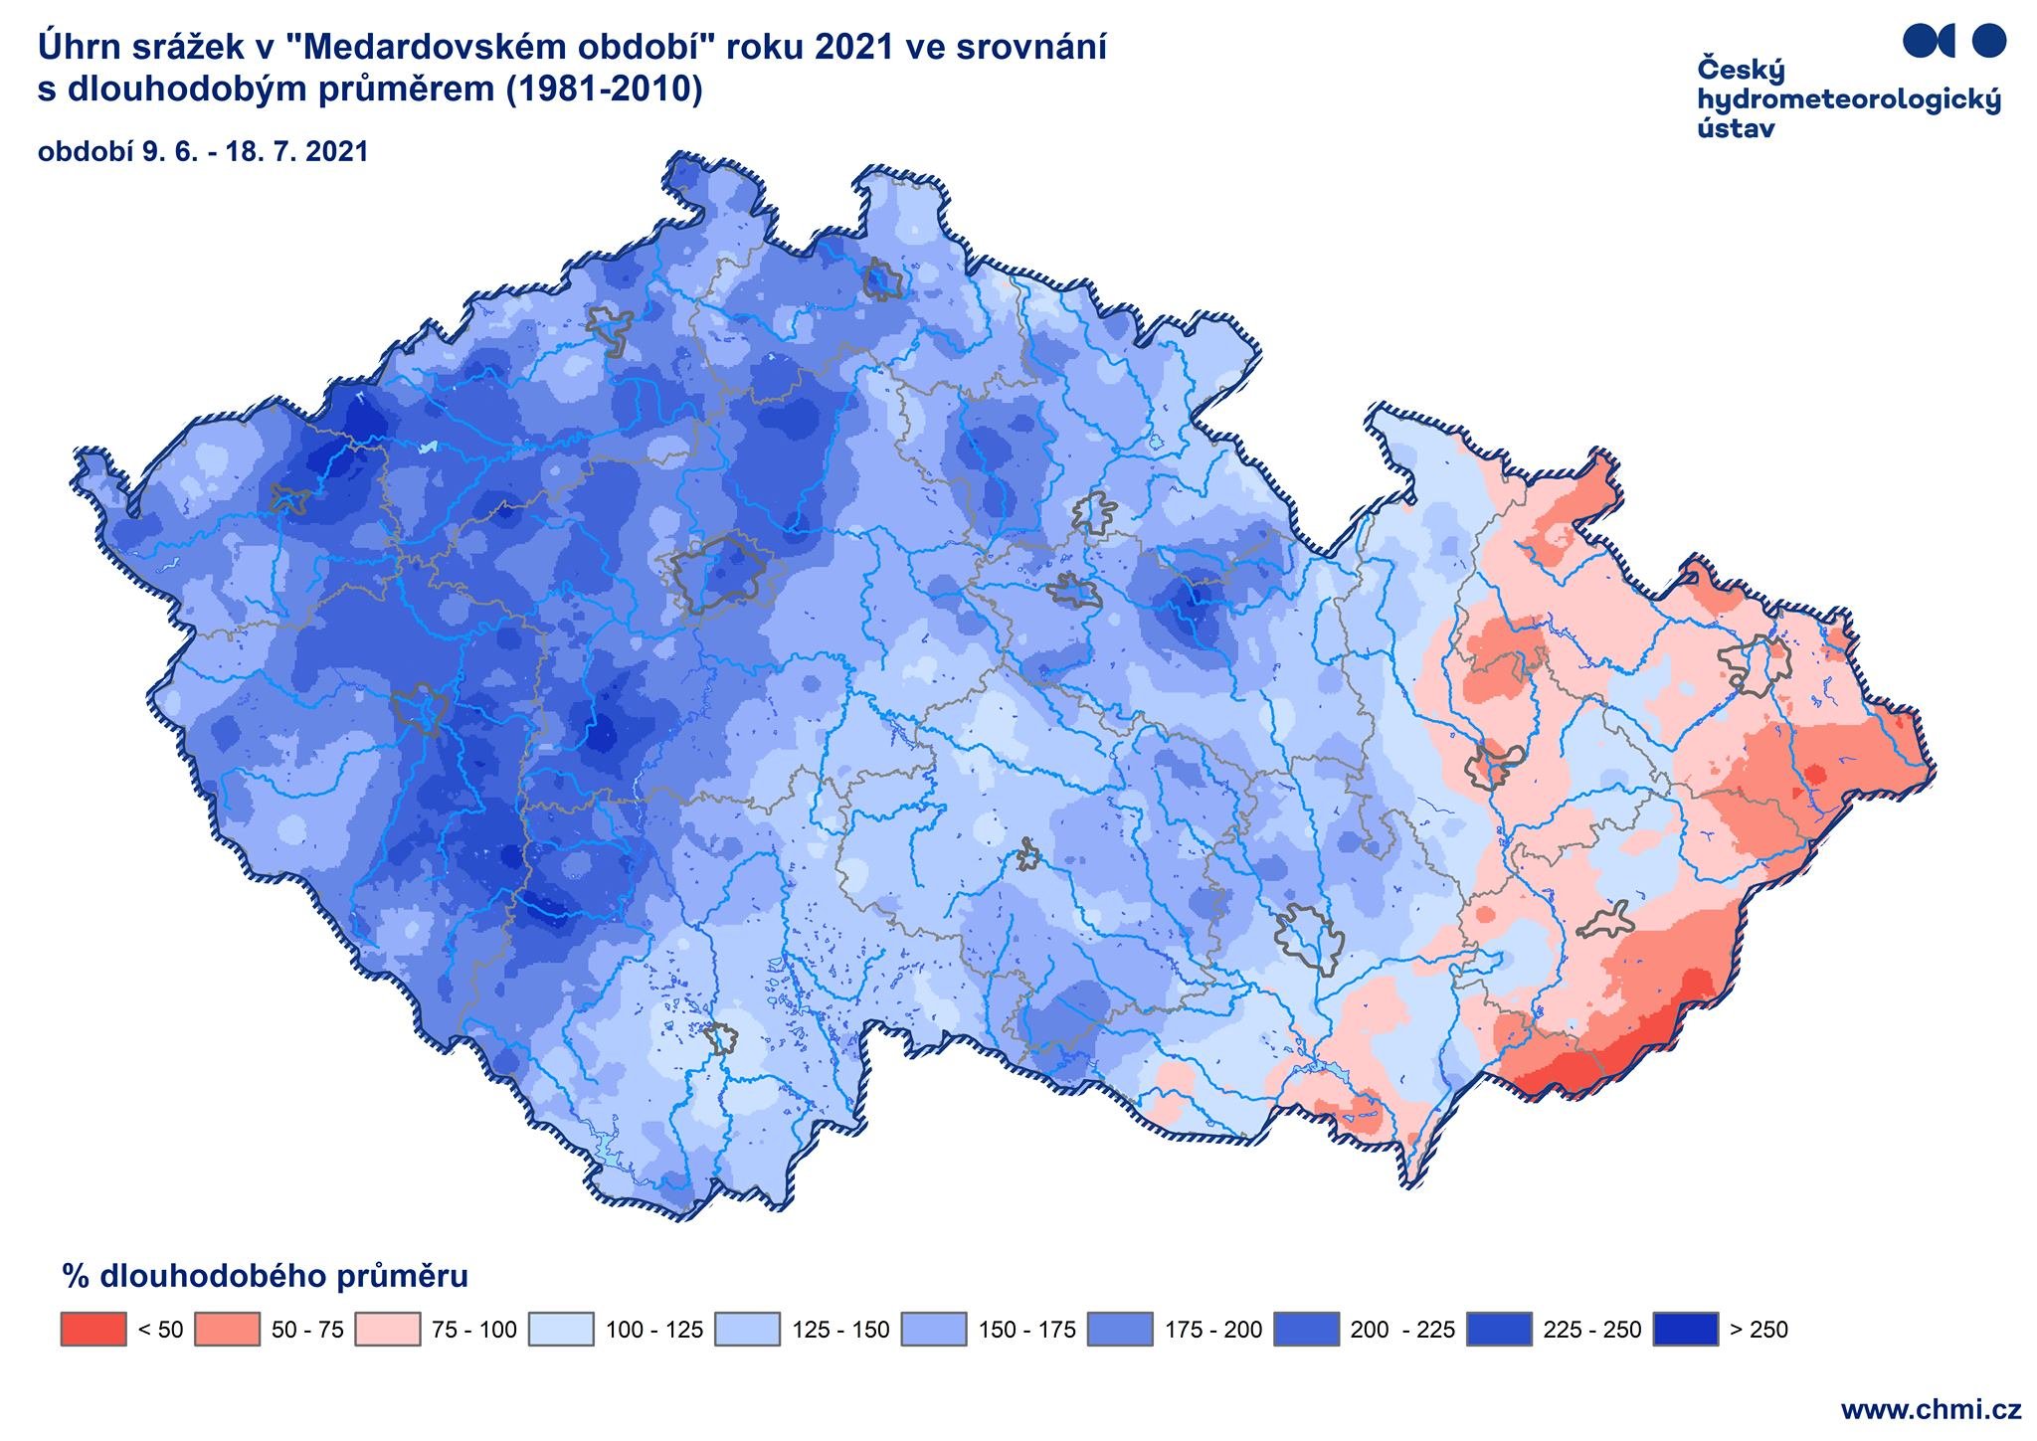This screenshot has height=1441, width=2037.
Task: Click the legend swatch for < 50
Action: coord(93,1330)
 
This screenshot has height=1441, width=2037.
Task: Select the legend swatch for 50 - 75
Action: coord(228,1330)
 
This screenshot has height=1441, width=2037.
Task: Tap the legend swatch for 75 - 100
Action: coord(387,1330)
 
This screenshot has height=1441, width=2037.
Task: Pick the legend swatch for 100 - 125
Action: coord(561,1330)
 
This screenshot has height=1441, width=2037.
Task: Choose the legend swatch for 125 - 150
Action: coord(748,1330)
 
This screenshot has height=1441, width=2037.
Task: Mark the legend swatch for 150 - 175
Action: coord(934,1330)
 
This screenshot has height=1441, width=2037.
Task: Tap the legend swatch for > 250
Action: coord(1685,1330)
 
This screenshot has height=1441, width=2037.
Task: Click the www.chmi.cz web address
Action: coord(1931,1410)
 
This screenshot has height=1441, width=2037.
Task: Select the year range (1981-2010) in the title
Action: coord(604,90)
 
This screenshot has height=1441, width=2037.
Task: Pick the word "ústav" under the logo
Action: coord(1737,128)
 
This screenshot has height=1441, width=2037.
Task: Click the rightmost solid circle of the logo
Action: coord(1988,41)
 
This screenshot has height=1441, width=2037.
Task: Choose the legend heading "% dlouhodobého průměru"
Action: coord(265,1276)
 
